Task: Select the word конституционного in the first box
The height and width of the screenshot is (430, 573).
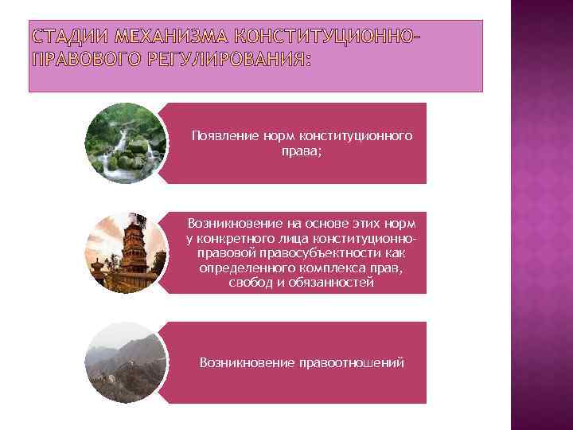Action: [x=363, y=136]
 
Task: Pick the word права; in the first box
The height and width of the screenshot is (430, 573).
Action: [x=302, y=150]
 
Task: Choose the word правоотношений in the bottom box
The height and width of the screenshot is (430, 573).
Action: [x=352, y=363]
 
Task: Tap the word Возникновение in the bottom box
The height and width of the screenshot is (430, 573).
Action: [x=236, y=363]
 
